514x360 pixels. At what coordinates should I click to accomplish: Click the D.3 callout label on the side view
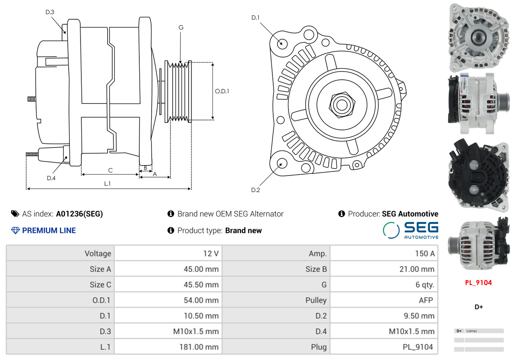50,12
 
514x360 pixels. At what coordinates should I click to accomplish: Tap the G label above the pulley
181,28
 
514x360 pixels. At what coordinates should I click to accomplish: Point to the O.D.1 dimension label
222,91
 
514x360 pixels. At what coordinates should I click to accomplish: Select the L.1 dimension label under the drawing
107,184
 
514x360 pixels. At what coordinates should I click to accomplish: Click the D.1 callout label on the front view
256,18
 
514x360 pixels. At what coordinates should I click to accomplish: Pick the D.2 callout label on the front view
256,190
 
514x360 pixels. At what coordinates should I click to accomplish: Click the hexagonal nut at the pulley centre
342,105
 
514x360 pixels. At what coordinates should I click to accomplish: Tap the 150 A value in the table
425,254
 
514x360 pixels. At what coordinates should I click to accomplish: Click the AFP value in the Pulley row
426,300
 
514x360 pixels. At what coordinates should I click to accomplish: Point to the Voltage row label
98,254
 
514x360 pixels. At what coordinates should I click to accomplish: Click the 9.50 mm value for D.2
419,316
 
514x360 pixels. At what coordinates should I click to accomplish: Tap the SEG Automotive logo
410,230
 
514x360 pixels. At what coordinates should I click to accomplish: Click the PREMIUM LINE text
49,231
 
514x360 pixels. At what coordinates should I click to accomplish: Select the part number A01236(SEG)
79,214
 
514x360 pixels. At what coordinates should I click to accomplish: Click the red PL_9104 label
478,283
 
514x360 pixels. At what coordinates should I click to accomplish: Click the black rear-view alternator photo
478,175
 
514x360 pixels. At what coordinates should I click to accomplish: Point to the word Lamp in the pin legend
472,331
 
